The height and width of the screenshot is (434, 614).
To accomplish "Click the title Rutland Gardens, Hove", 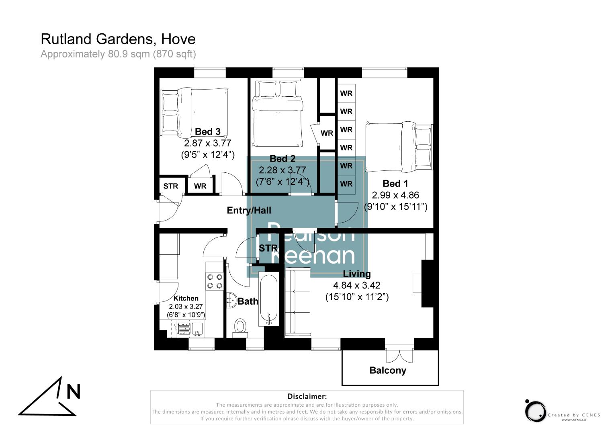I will pos(118,39).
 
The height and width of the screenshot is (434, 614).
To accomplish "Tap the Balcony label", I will pos(388,370).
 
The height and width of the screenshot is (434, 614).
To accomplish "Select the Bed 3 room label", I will pos(207,131).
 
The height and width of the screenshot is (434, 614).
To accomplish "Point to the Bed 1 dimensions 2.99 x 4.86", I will pos(395,195).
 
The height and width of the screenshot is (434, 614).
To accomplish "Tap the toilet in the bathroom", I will pos(240,326).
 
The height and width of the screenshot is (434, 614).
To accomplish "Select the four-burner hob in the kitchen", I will pos(215,281).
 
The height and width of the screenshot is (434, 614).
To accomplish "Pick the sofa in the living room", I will pos(297,302).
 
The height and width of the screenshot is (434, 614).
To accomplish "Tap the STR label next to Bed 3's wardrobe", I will pos(171,186).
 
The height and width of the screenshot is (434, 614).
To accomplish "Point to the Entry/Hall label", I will pos(249,210).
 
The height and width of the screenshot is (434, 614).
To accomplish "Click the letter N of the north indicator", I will pos(73,391).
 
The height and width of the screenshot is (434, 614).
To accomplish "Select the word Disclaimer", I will pos(307,397).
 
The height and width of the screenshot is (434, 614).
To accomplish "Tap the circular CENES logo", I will pos(535,411).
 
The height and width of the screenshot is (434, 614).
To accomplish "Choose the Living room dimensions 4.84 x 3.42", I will pos(356,285).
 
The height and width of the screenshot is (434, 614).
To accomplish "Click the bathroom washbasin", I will pos(231,300).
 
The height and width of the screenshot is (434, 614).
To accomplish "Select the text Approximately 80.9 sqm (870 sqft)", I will pos(118,54).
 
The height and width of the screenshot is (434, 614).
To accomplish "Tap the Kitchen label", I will pos(186,298).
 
